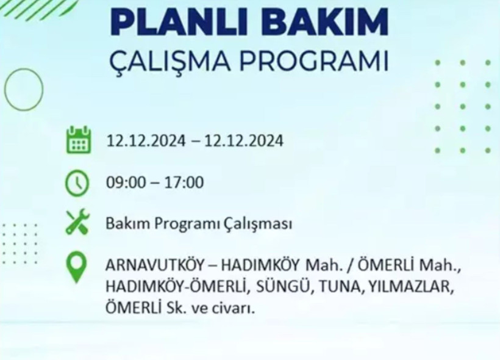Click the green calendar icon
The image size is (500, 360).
[78, 140]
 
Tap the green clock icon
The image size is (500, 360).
[77, 183]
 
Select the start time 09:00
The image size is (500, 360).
[124, 182]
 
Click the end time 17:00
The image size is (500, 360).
[185, 182]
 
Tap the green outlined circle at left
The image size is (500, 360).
[24, 90]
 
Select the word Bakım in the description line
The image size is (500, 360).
[123, 223]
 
